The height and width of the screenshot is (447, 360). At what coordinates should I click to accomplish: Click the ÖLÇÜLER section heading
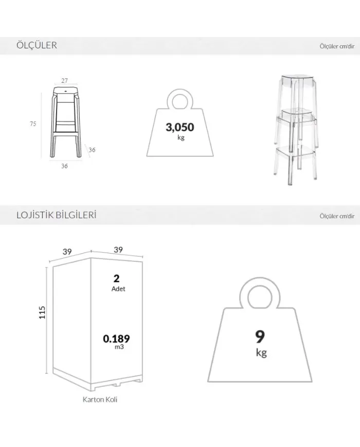[37, 45]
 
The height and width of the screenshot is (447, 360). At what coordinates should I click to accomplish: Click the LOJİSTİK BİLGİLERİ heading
[57, 214]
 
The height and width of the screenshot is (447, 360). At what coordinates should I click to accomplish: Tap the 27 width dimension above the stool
[65, 81]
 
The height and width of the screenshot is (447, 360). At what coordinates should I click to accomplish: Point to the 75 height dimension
[33, 124]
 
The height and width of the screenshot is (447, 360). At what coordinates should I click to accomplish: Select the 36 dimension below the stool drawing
[64, 166]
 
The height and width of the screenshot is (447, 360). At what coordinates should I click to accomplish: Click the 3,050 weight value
[180, 127]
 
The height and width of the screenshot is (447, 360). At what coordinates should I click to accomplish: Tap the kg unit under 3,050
[181, 137]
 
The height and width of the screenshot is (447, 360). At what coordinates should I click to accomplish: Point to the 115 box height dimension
[42, 312]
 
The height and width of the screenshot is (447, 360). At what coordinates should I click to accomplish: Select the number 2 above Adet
[116, 278]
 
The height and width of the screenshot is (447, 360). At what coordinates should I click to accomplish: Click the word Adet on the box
[118, 289]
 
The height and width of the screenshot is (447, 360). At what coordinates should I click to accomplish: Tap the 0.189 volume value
[116, 338]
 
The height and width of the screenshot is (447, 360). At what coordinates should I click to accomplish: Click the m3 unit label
[119, 347]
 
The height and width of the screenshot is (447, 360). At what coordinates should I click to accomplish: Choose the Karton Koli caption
[100, 399]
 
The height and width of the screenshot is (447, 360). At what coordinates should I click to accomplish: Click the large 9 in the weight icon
[260, 336]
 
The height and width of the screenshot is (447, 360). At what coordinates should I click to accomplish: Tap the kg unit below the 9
[261, 353]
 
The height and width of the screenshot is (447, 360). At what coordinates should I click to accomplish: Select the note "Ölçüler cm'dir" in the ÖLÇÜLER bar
[337, 46]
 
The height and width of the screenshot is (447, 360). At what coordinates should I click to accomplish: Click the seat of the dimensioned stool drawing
[65, 91]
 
